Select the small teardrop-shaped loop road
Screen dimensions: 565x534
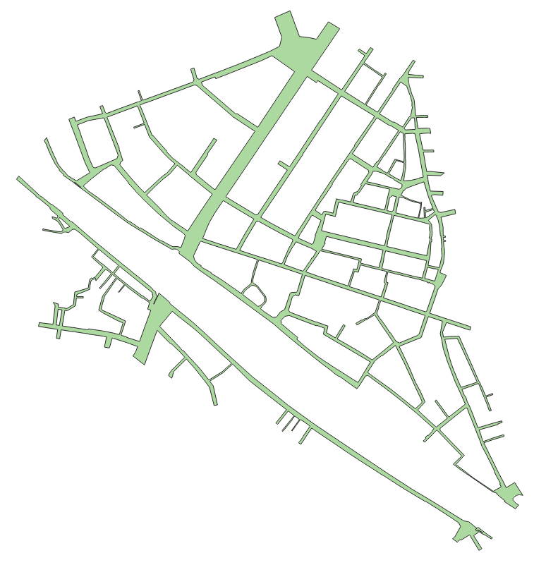pos(254,292)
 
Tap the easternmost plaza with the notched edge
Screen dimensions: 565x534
pos(509,492)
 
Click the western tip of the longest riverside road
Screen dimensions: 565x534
pos(20,179)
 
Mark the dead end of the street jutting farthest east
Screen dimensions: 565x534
pos(469,327)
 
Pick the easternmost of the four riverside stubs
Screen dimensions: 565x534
pos(303,437)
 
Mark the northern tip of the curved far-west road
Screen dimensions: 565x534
pos(46,140)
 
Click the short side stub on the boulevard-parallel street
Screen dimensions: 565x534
pos(282,165)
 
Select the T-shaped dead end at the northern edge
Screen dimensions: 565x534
pos(365,51)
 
